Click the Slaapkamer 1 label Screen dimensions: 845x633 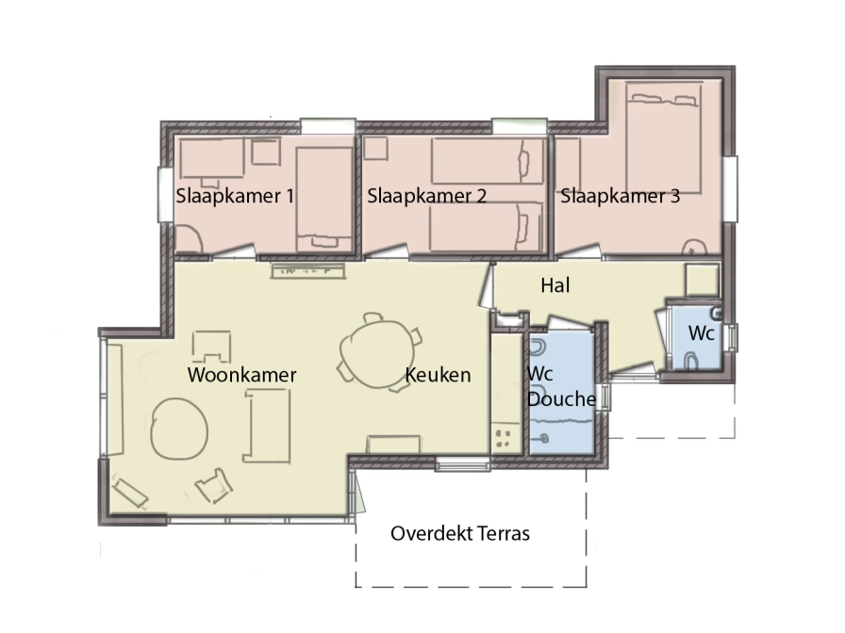pos(235,196)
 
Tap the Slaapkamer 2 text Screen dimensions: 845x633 pos(427,196)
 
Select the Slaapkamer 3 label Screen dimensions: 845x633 pos(620,196)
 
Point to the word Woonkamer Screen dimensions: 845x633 pos(242,375)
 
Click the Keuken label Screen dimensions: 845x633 pos(438,375)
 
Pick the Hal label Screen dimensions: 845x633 pos(555,285)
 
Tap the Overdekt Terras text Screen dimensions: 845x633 pos(460,533)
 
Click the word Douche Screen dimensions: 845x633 pos(562,398)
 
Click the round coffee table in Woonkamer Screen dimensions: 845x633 pos(178,429)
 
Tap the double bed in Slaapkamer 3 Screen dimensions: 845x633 pos(664,138)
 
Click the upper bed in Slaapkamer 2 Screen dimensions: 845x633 pos(488,161)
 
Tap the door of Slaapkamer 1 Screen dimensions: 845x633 pos(234,252)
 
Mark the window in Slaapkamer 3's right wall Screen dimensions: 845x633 pos(730,188)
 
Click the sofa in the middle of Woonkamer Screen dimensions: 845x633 pos(267,426)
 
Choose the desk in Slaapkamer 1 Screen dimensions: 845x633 pos(212,158)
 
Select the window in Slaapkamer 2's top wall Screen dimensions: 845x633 pos(520,126)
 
